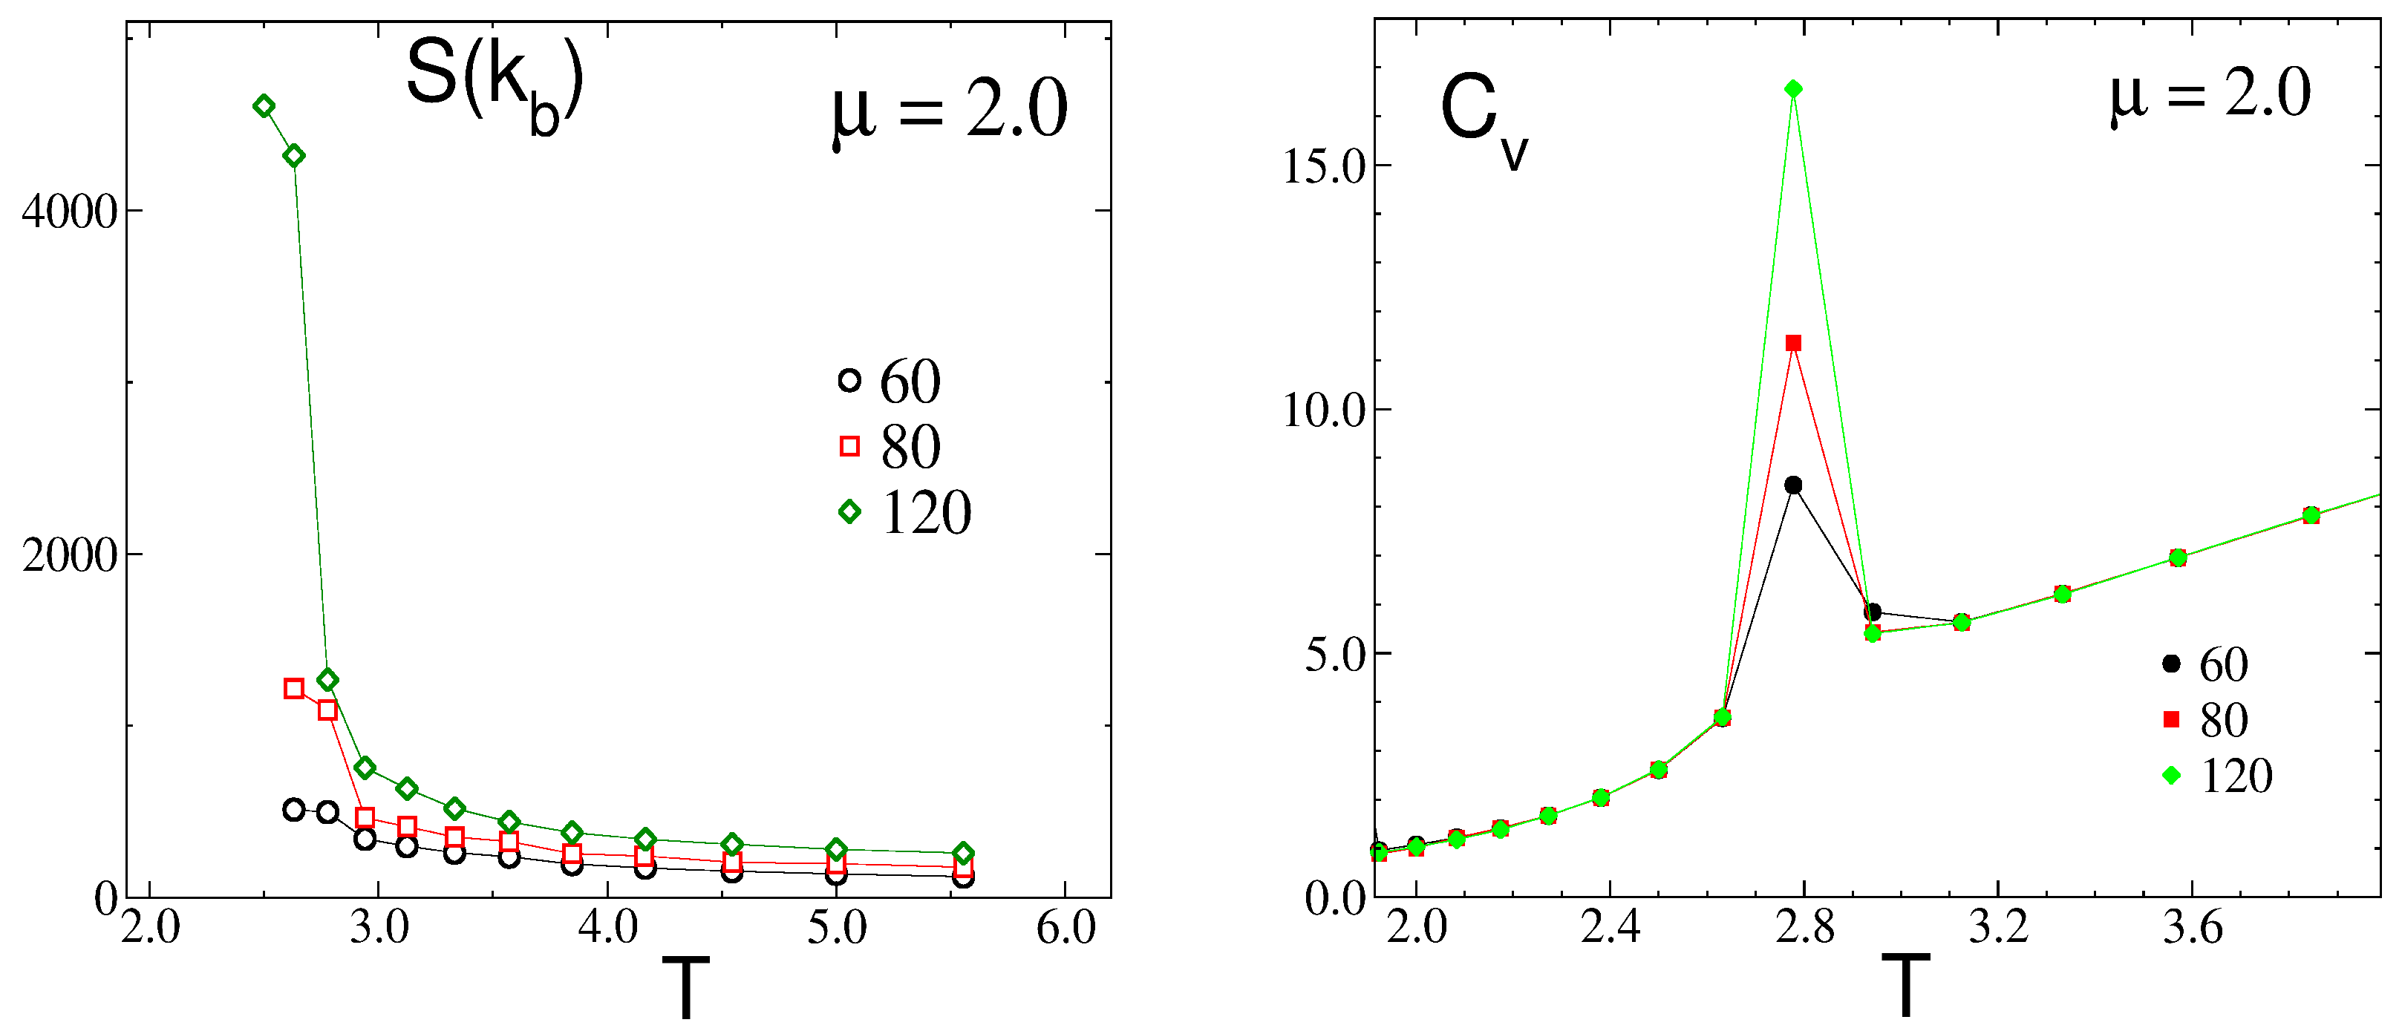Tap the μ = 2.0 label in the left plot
tap(949, 112)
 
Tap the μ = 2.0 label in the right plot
tap(2210, 94)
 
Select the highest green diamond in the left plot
tap(264, 106)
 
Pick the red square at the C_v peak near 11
tap(1793, 343)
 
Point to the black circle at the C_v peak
tap(1793, 485)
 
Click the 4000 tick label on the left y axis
tap(69, 212)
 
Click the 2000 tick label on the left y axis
tap(69, 556)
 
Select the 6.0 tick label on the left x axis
tap(1065, 928)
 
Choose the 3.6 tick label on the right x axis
tap(2193, 928)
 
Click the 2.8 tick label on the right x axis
tap(1804, 928)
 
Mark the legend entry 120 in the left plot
tap(925, 513)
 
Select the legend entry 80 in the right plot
tap(2224, 720)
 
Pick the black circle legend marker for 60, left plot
tap(849, 380)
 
